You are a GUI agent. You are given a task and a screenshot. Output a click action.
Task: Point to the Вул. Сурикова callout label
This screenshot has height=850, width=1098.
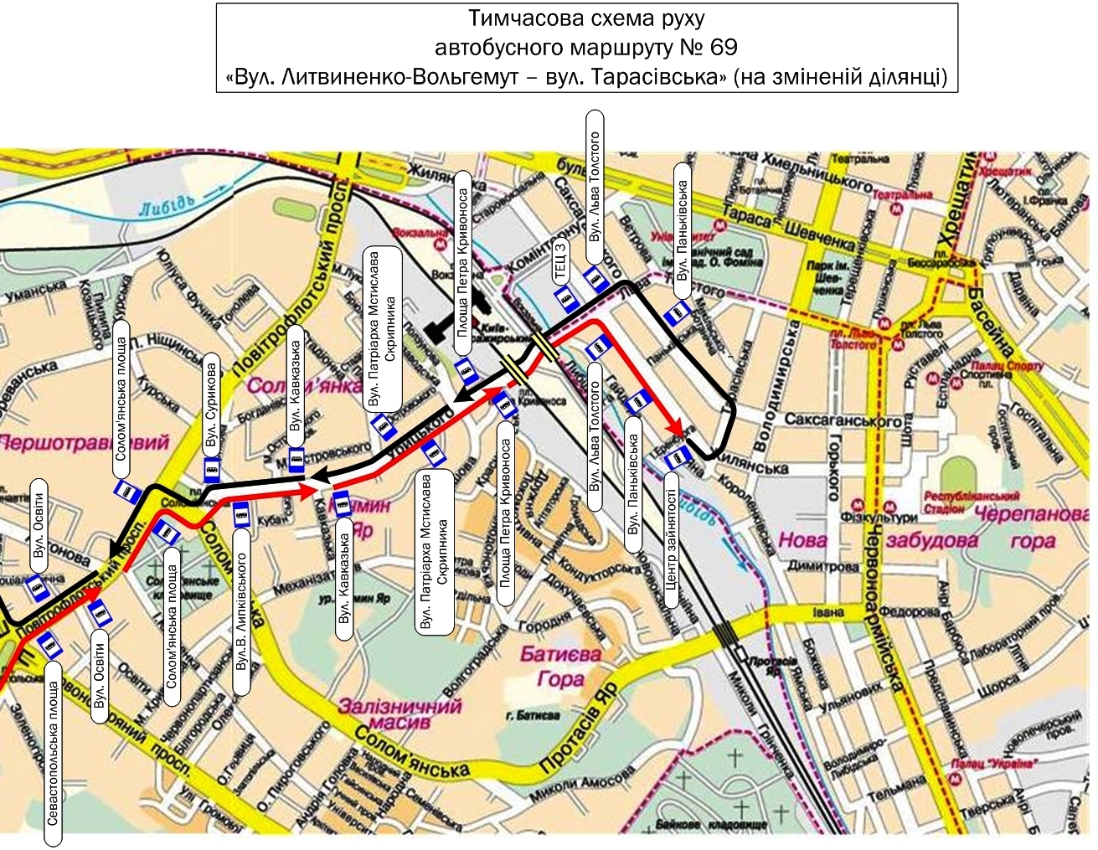click(x=212, y=405)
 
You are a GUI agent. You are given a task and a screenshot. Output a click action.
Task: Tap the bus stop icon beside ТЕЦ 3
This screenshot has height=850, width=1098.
click(x=565, y=297)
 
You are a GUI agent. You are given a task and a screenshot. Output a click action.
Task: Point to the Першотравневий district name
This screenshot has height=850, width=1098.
click(x=85, y=441)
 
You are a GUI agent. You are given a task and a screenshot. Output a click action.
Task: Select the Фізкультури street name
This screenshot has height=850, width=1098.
click(x=890, y=518)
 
